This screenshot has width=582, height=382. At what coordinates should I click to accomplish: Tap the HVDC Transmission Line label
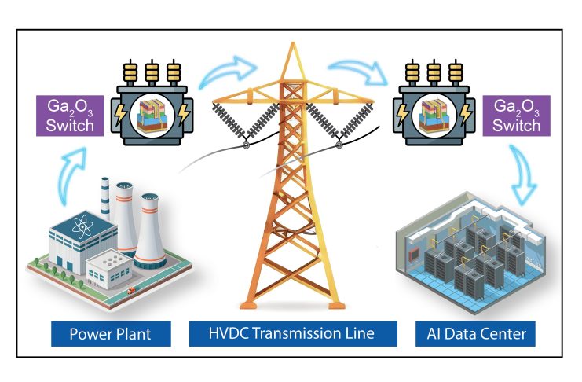click(291, 334)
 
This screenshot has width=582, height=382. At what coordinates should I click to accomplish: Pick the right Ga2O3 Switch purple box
click(515, 116)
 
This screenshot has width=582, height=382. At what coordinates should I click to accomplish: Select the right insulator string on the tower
click(354, 123)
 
